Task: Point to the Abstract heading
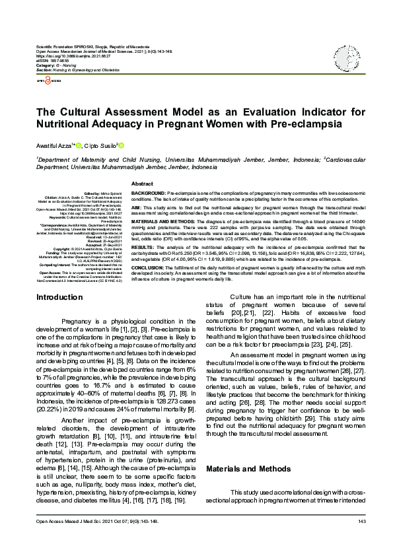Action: [142, 183]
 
